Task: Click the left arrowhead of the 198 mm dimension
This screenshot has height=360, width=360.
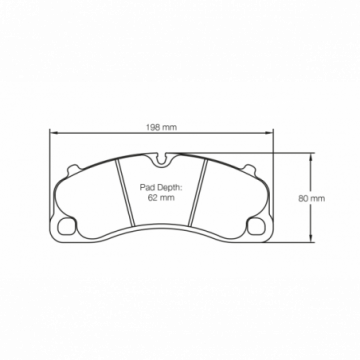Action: pos(51,135)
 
